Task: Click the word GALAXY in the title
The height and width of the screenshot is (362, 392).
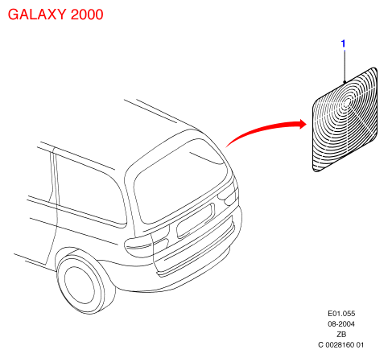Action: click(37, 14)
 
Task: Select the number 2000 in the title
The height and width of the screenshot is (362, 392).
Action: click(87, 14)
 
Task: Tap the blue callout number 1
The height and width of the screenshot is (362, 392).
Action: click(343, 43)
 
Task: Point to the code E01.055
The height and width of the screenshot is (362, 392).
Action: click(341, 313)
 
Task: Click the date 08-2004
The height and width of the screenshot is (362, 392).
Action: click(341, 324)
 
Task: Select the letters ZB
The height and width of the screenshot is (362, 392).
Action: click(341, 335)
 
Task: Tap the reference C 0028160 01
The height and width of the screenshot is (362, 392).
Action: click(341, 345)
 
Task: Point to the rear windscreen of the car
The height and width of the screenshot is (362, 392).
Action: click(180, 182)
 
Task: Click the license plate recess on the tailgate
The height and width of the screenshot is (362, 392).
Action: click(196, 220)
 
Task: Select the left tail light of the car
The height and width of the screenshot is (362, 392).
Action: click(147, 242)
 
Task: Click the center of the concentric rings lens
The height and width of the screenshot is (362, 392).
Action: click(348, 102)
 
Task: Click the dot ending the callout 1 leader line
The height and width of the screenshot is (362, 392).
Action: click(345, 82)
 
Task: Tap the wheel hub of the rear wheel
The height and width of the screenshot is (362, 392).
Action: click(80, 285)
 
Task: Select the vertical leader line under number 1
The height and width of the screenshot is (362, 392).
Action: click(345, 65)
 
